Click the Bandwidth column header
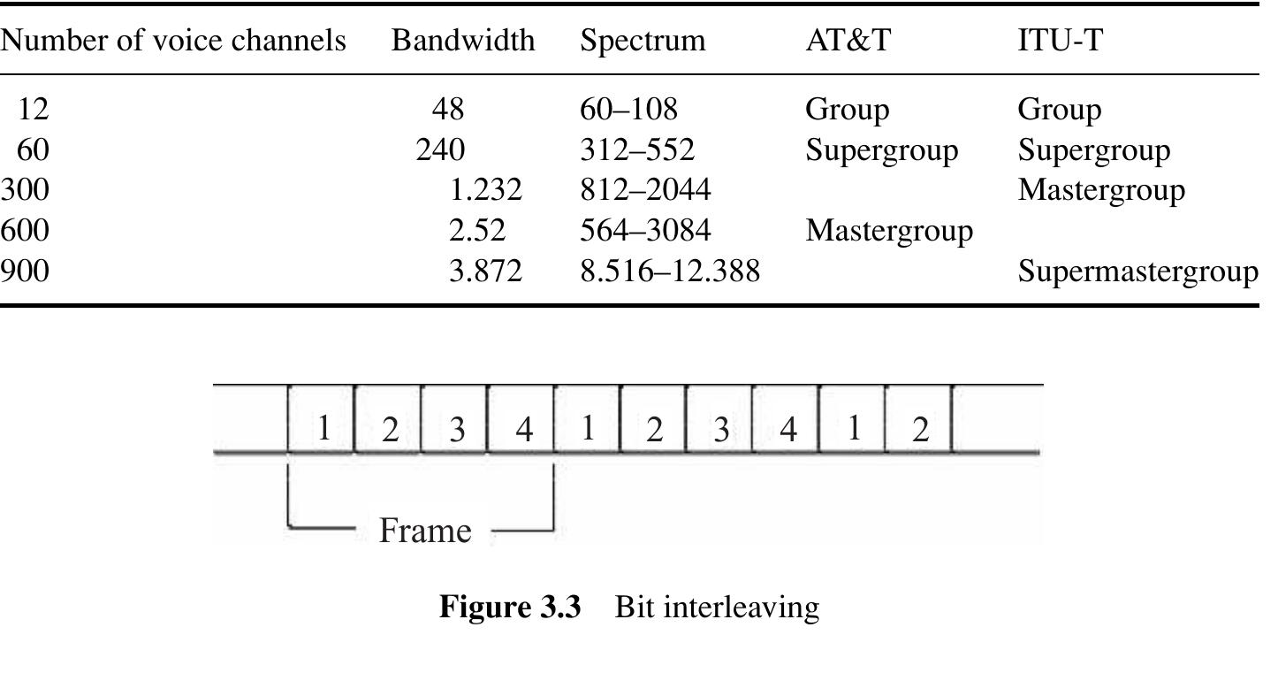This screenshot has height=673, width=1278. (x=463, y=41)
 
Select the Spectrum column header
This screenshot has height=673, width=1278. (x=643, y=42)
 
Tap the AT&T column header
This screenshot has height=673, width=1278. (x=848, y=41)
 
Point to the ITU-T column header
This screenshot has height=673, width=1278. (x=1060, y=41)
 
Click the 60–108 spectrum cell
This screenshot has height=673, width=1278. (x=628, y=109)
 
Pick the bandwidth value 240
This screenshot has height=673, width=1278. (x=440, y=149)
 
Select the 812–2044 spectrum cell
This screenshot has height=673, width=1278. (x=645, y=189)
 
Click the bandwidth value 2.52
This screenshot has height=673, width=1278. (x=477, y=230)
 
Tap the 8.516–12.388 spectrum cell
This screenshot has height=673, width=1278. (x=670, y=271)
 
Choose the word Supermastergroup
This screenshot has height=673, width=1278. (x=1137, y=271)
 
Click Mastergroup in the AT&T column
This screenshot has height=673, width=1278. (x=889, y=231)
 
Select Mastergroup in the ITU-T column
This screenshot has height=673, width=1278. (x=1101, y=191)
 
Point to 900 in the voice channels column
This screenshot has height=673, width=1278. (x=25, y=271)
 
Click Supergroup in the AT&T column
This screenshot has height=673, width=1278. (x=881, y=150)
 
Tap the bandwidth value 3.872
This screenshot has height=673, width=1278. (x=485, y=271)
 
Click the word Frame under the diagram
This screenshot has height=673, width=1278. (x=425, y=531)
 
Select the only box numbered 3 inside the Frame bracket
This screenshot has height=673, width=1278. (x=454, y=419)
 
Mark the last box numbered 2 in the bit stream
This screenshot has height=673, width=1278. (x=918, y=419)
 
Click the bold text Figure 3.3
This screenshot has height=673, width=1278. (x=510, y=607)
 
